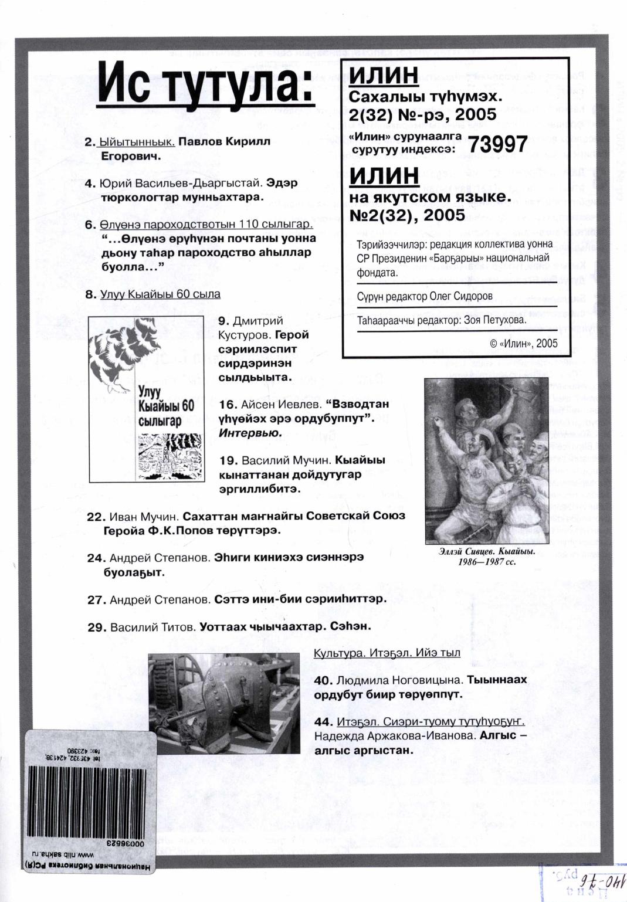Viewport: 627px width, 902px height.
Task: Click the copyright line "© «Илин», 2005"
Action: coord(524,344)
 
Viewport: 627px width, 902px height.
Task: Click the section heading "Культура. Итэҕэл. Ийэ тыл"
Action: coord(387,653)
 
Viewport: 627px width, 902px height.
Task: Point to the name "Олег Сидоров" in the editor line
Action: coord(461,296)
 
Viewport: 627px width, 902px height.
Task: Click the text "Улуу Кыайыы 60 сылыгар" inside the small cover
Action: coord(165,406)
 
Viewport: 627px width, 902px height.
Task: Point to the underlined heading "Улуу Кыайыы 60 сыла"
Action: coord(160,294)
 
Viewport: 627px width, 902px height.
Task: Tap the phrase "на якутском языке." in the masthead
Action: coord(429,196)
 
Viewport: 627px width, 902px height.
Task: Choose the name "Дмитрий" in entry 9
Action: coord(258,321)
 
